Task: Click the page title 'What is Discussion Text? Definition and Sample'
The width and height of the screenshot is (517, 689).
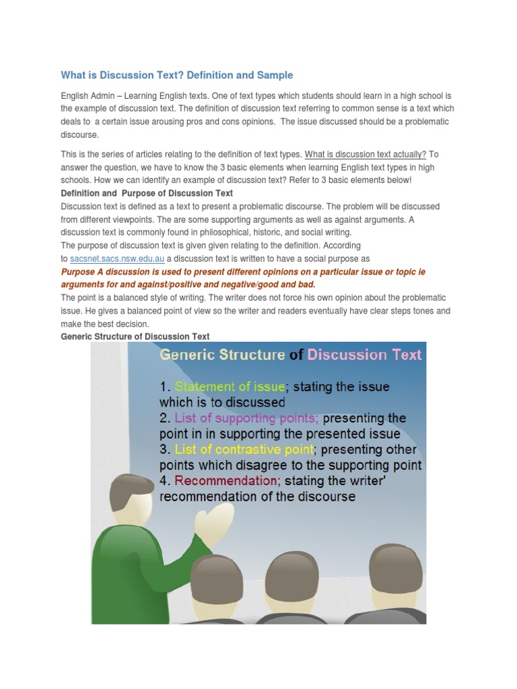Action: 177,75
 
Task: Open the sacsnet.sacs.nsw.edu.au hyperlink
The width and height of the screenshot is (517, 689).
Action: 117,259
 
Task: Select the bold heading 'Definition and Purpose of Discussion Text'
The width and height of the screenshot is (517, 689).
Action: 147,193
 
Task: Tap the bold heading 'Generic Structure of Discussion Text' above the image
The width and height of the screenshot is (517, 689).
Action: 135,336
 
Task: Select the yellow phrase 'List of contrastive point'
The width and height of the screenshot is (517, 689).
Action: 244,449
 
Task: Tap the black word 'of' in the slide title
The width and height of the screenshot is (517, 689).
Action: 296,355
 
